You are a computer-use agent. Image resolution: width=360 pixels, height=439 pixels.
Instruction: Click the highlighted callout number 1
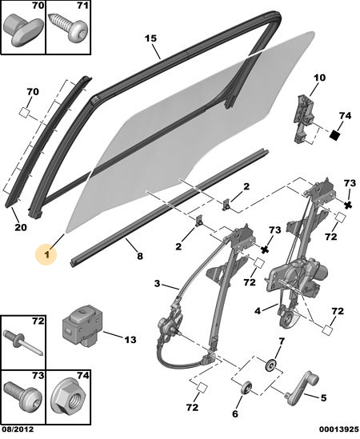point(46,254)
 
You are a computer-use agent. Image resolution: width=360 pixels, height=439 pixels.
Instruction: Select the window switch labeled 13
point(82,325)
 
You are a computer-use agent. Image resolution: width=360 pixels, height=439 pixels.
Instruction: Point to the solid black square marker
point(334,135)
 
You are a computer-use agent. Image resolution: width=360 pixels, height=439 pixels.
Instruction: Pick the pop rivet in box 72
point(23,343)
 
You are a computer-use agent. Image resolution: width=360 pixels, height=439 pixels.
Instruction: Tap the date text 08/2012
point(17,429)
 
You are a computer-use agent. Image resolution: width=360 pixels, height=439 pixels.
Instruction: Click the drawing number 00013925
point(338,429)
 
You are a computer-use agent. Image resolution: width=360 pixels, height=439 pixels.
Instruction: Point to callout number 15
point(150,38)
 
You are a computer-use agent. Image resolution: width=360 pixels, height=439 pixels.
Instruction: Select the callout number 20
point(21,227)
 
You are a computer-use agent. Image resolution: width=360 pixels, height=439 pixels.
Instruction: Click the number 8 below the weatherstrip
point(139,256)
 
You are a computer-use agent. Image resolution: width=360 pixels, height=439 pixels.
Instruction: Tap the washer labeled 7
point(271,365)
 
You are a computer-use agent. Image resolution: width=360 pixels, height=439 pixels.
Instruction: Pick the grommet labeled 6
point(246,389)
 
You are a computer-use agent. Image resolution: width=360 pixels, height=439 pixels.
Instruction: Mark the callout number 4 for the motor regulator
point(258,311)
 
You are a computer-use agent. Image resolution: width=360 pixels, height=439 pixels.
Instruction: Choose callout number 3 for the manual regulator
point(157,284)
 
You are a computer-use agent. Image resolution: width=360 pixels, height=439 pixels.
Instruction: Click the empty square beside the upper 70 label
point(24,113)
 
